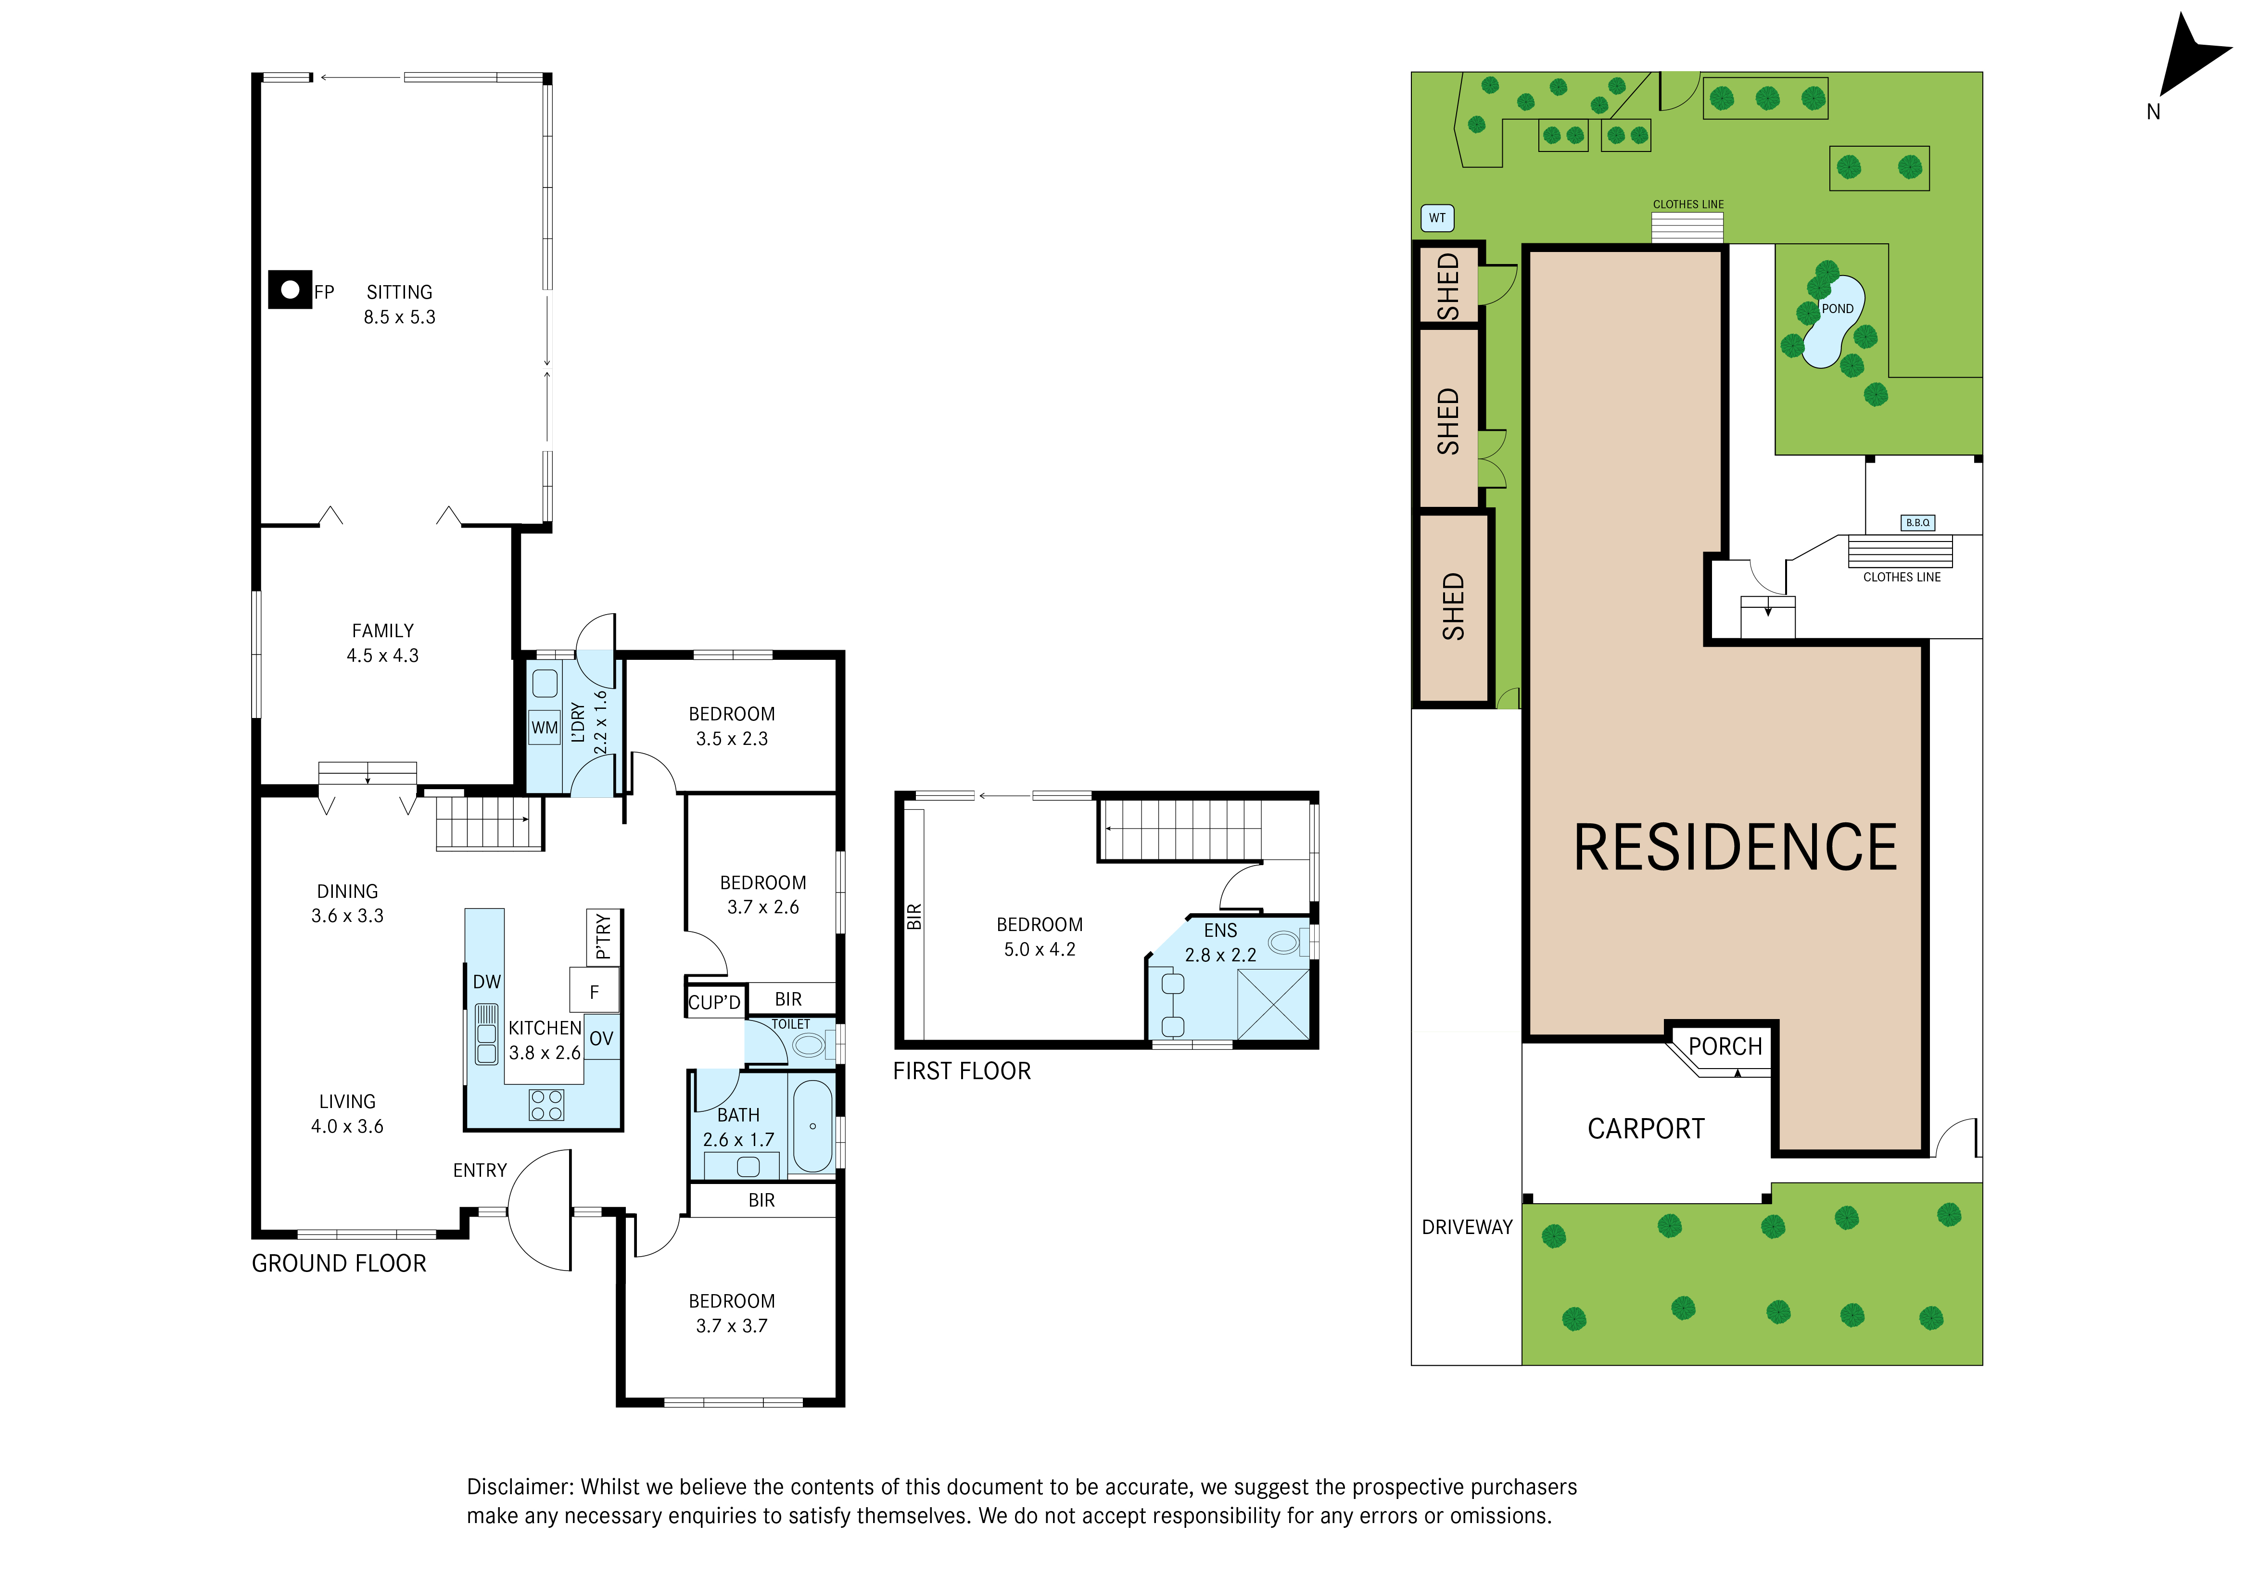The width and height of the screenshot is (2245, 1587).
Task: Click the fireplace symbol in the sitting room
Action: pos(290,290)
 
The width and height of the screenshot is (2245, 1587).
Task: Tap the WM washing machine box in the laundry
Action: pos(545,728)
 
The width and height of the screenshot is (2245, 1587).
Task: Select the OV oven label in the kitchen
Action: pos(601,1038)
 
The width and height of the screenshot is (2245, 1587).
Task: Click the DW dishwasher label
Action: pos(487,982)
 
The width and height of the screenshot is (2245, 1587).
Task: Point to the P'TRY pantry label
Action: pos(603,937)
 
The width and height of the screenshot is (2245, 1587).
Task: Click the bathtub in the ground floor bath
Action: pos(812,1125)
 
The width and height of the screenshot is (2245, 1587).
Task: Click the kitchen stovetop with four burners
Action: pos(546,1105)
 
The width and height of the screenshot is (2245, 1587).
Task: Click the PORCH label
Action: pos(1725,1046)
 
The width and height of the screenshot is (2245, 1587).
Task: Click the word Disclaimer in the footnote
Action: pos(519,1487)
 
